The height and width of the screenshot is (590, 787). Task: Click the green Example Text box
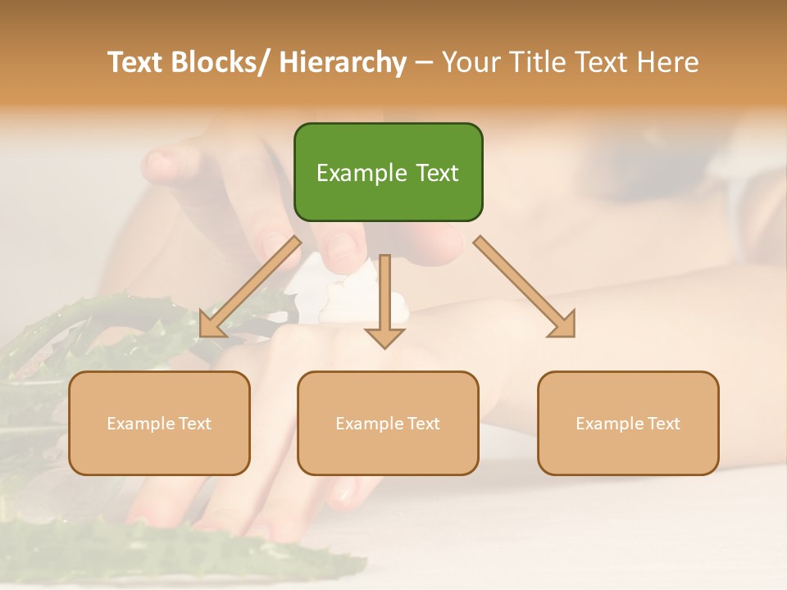(x=388, y=172)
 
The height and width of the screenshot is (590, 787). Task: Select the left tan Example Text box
(x=159, y=423)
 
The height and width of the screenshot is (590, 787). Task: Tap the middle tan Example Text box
(x=388, y=423)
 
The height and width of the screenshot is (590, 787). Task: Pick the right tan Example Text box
(x=628, y=423)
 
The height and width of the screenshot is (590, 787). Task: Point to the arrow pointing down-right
(x=525, y=287)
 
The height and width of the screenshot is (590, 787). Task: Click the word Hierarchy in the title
(x=343, y=62)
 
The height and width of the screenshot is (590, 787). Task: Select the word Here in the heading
(x=670, y=62)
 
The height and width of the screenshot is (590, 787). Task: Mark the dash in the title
(x=424, y=63)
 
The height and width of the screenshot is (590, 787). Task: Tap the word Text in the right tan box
(x=663, y=423)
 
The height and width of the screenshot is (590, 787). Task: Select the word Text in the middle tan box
(x=423, y=423)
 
